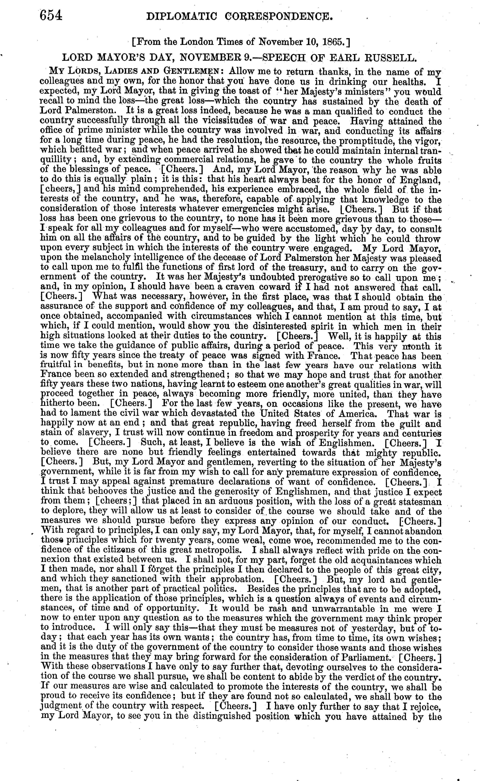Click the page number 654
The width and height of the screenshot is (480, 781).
tap(51, 16)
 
